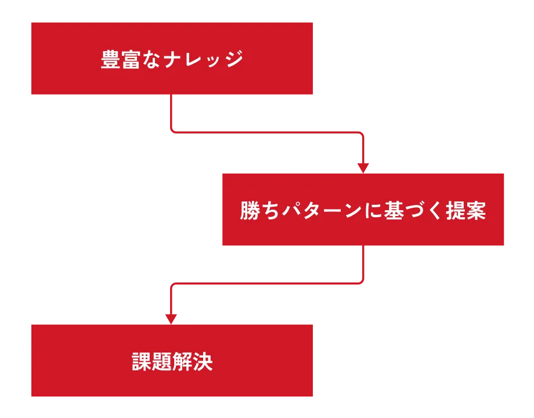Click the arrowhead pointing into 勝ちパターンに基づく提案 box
point(363,167)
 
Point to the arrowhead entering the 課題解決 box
point(170,318)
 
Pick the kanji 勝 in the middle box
point(250,211)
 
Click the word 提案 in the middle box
point(466,211)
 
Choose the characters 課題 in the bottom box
point(151,362)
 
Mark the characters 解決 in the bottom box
point(193,362)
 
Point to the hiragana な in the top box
point(150,59)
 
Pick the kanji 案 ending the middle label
point(477,211)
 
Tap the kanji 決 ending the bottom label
point(203,362)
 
